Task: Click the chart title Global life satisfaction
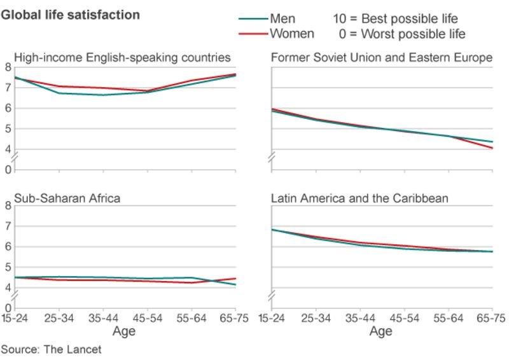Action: [70, 15]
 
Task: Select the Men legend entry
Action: [282, 19]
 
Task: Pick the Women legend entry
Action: [291, 34]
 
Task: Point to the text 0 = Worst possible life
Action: [402, 34]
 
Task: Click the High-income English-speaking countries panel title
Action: [122, 58]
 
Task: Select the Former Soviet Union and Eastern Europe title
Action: [382, 58]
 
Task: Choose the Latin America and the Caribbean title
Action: [359, 198]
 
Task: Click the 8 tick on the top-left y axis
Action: [8, 67]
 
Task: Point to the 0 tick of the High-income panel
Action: [8, 170]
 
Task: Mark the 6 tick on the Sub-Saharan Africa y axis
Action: [8, 247]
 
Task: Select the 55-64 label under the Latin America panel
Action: [449, 318]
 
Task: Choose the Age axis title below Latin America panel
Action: [380, 331]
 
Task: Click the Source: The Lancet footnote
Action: [51, 349]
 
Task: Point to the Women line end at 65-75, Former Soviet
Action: [492, 148]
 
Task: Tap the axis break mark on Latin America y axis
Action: [272, 296]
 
